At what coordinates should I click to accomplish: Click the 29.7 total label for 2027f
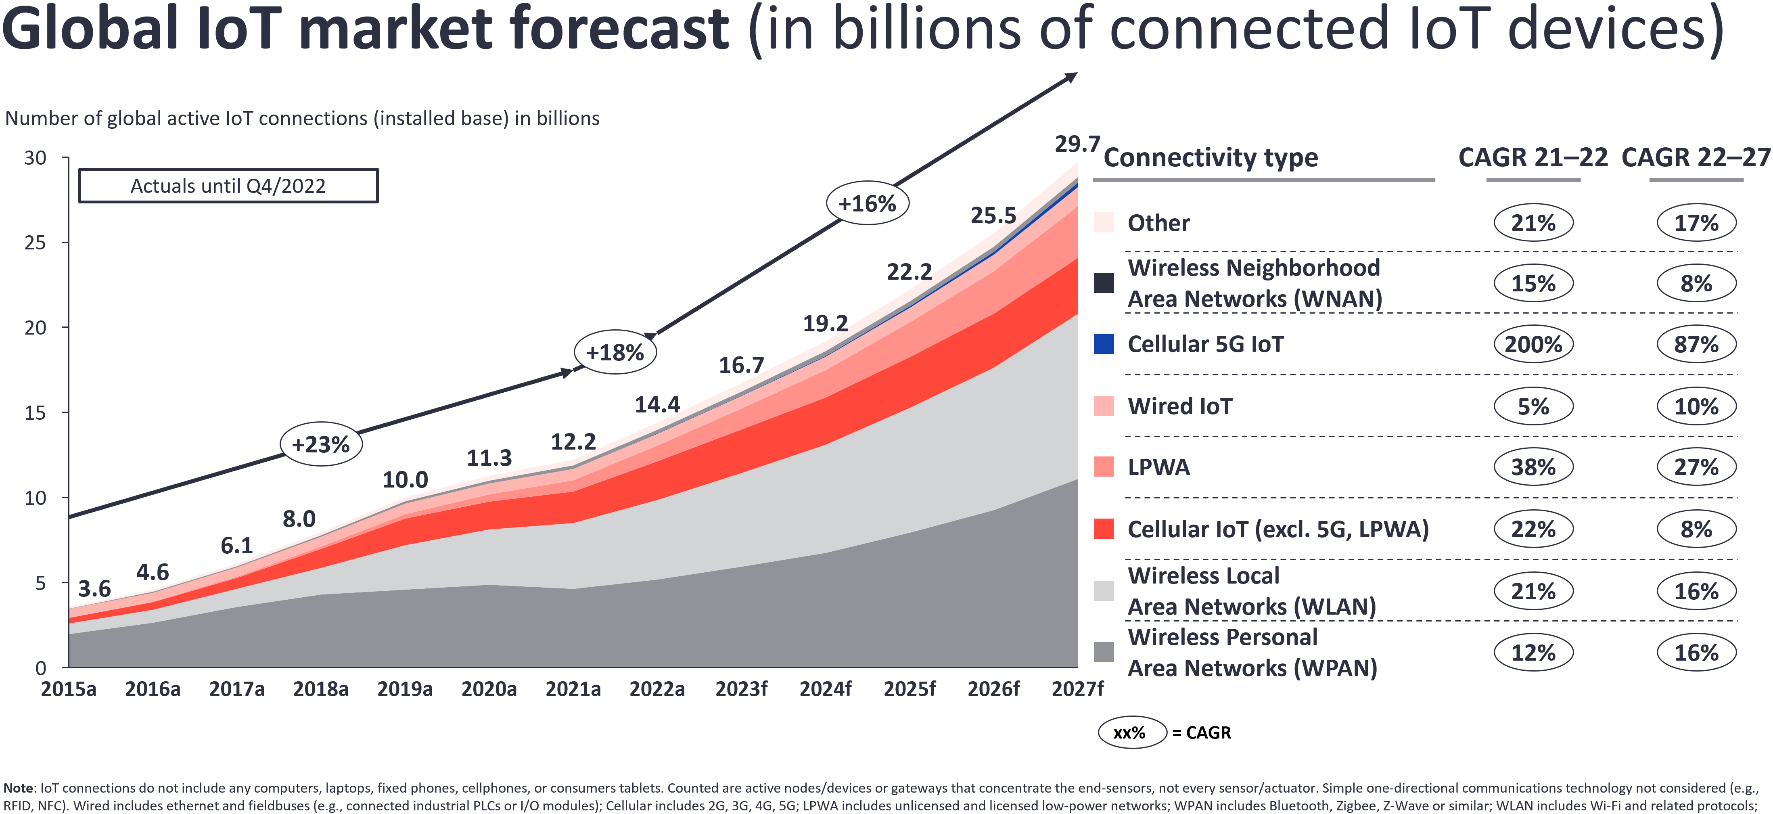(1077, 144)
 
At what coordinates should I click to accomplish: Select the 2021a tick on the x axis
(573, 688)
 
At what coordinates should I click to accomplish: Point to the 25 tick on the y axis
(36, 243)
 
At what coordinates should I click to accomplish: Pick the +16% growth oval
(867, 203)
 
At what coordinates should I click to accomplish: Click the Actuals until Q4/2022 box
(228, 186)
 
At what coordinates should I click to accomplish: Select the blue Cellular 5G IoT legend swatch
(1103, 344)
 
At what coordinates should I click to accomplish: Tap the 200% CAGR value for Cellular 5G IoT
(1533, 344)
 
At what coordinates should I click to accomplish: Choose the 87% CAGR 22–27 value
(1696, 344)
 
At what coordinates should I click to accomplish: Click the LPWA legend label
(1158, 467)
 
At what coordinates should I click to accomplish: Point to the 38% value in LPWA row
(1533, 467)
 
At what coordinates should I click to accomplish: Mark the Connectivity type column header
(1211, 158)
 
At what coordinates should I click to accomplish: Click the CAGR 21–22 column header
(1533, 158)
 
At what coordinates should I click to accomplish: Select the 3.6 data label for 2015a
(94, 589)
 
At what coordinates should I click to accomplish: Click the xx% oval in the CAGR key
(1131, 732)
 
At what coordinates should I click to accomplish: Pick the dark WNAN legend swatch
(1103, 283)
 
